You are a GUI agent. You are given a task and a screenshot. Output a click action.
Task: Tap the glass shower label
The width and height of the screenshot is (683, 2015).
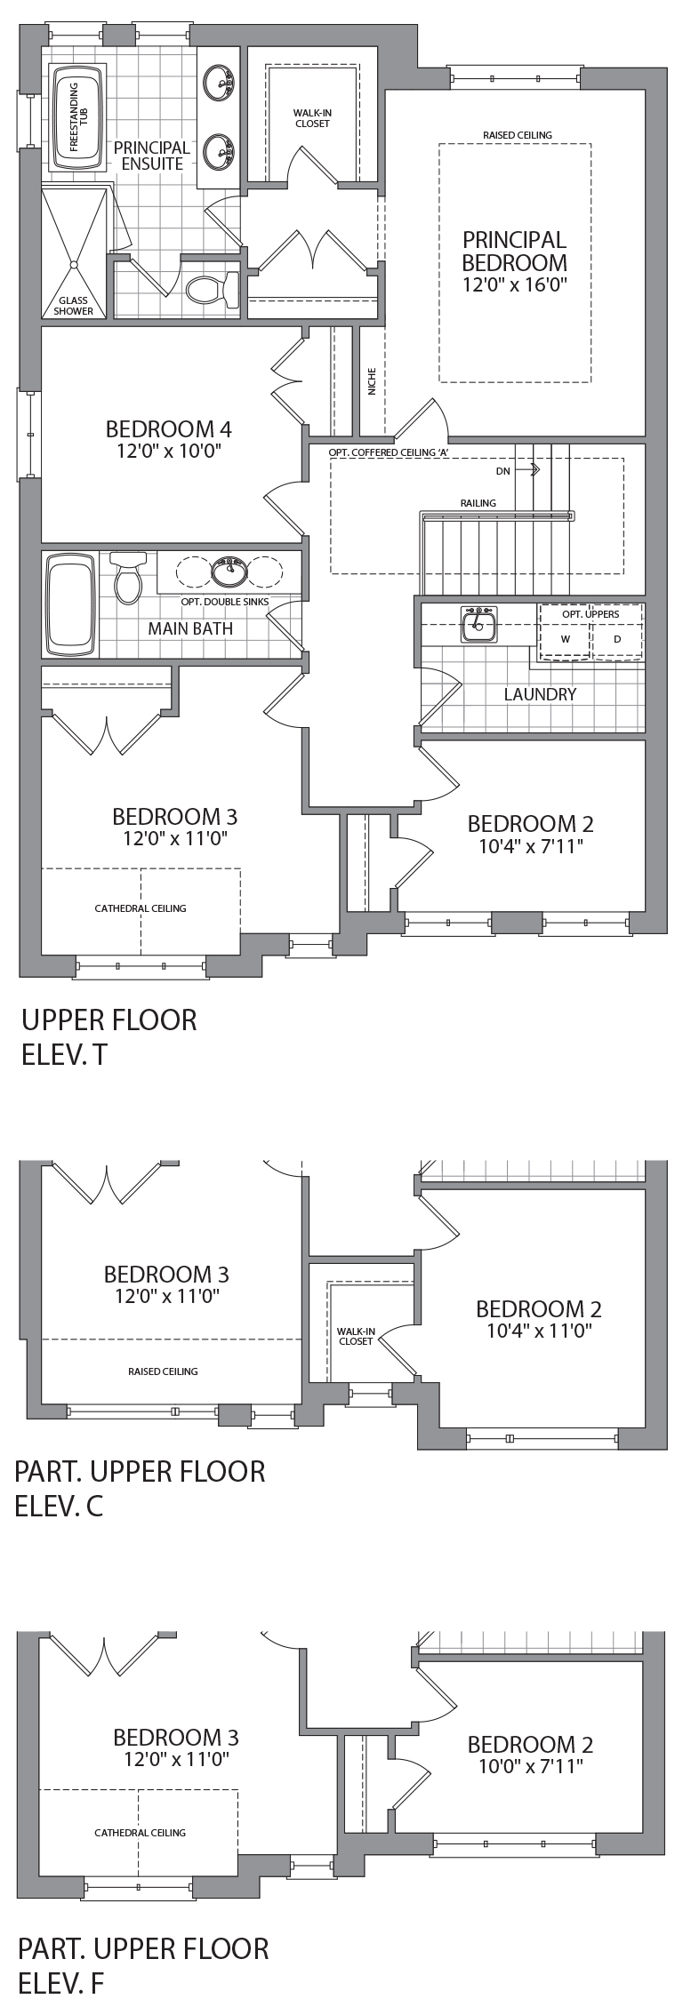pyautogui.click(x=74, y=306)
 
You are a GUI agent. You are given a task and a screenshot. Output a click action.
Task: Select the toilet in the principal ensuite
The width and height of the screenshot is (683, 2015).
pyautogui.click(x=214, y=290)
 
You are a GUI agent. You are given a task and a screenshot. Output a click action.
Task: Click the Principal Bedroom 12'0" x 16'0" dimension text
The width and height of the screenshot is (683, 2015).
pyautogui.click(x=515, y=284)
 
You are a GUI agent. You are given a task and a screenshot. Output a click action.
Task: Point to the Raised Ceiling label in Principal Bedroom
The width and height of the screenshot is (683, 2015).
pyautogui.click(x=518, y=135)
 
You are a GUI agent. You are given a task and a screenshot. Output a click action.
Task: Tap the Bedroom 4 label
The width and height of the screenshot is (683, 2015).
pyautogui.click(x=169, y=428)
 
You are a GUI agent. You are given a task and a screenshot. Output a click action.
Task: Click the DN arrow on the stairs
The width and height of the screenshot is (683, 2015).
pyautogui.click(x=534, y=470)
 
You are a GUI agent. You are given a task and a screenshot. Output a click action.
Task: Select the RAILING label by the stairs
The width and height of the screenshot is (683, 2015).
pyautogui.click(x=478, y=503)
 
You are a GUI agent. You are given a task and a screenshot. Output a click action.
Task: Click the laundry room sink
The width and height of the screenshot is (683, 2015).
pyautogui.click(x=479, y=625)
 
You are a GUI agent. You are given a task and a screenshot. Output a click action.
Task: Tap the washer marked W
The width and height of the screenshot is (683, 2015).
pyautogui.click(x=565, y=638)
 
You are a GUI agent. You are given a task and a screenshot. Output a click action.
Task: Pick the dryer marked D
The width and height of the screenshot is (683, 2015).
pyautogui.click(x=616, y=638)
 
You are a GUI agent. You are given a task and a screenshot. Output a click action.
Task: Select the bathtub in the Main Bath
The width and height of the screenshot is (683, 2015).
pyautogui.click(x=69, y=605)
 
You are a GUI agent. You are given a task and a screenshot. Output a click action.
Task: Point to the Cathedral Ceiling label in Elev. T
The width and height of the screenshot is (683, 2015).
pyautogui.click(x=141, y=908)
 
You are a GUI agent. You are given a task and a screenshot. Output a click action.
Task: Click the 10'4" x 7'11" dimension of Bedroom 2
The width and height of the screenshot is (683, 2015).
pyautogui.click(x=531, y=846)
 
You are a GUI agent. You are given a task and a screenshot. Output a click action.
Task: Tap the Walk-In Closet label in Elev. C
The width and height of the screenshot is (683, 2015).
pyautogui.click(x=356, y=1335)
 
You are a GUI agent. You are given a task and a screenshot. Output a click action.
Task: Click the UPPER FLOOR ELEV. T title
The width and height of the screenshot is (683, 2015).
pyautogui.click(x=109, y=1036)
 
